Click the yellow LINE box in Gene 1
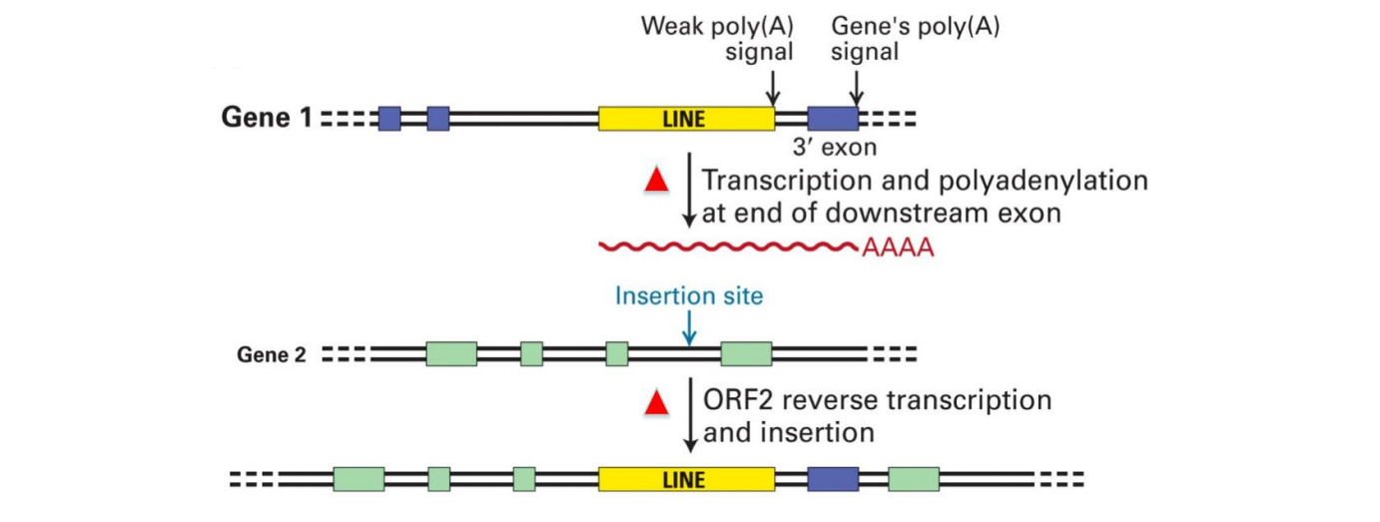[x=686, y=119]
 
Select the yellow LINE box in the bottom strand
[x=686, y=479]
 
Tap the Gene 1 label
[x=266, y=118]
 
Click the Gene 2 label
[x=272, y=354]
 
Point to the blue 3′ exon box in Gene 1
[x=832, y=119]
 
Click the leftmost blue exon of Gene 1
[x=389, y=119]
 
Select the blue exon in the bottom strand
[x=833, y=479]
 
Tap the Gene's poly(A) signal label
[x=916, y=38]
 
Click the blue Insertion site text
[x=689, y=296]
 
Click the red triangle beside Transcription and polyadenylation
[x=656, y=181]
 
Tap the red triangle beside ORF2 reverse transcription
[x=656, y=402]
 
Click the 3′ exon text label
[x=835, y=150]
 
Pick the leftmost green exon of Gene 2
[x=451, y=353]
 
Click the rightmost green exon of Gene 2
[x=746, y=353]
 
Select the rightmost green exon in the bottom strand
[x=914, y=479]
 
